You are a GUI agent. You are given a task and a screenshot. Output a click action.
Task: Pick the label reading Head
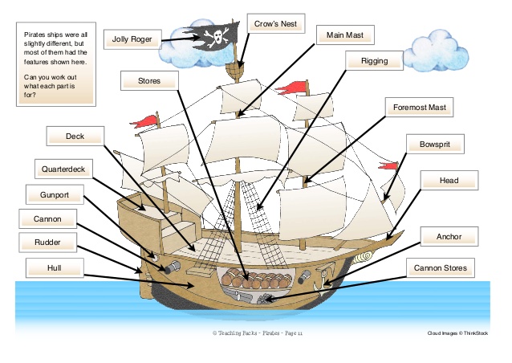pyautogui.click(x=449, y=181)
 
